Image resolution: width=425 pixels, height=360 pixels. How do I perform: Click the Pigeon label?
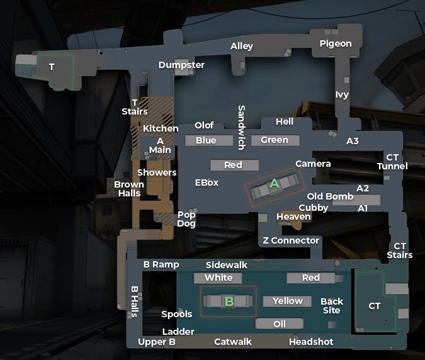tap(336, 43)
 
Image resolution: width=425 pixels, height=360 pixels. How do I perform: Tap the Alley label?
tap(242, 46)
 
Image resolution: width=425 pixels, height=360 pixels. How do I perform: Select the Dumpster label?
tap(181, 65)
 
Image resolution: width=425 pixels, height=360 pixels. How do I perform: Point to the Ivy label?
tap(342, 95)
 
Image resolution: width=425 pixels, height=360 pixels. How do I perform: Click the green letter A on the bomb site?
tap(274, 184)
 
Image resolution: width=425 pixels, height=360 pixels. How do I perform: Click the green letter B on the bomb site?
tap(229, 301)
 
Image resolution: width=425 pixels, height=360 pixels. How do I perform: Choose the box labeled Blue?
tap(206, 140)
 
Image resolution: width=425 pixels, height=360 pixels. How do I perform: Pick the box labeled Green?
tap(275, 140)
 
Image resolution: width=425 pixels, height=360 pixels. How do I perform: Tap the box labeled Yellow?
tap(288, 301)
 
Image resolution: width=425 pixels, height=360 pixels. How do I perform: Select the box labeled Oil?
tap(280, 323)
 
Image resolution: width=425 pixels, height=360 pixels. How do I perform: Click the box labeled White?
tap(218, 278)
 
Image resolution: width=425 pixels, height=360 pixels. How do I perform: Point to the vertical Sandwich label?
tap(241, 127)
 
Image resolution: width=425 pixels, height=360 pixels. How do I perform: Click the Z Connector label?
tap(291, 240)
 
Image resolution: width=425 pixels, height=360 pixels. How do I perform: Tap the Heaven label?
tap(293, 217)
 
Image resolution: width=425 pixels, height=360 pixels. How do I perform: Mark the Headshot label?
tap(311, 342)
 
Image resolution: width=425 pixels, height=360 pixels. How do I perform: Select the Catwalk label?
tap(233, 342)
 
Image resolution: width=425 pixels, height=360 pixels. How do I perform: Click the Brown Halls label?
tap(129, 189)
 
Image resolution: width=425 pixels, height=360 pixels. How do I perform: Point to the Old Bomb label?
tap(330, 196)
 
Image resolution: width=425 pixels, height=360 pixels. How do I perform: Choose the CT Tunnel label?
tap(392, 162)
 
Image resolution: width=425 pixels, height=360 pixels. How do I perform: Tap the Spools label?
tap(177, 314)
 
